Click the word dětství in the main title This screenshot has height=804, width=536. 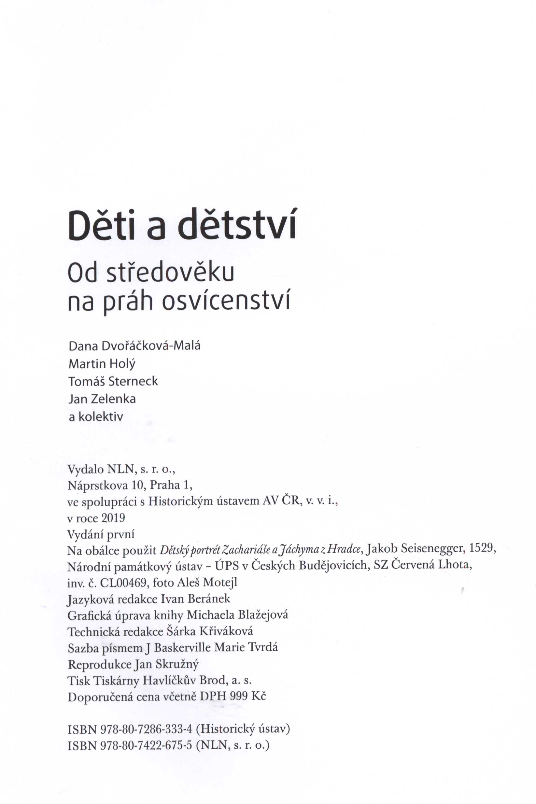[236, 226]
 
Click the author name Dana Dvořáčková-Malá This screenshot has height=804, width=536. [134, 346]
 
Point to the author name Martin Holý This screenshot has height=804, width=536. [102, 364]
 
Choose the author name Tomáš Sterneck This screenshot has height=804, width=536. [113, 381]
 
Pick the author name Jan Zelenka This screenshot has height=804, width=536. [102, 399]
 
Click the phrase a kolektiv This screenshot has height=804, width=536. [96, 417]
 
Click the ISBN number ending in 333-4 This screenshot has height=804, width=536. [147, 729]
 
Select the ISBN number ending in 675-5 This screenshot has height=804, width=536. [147, 745]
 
